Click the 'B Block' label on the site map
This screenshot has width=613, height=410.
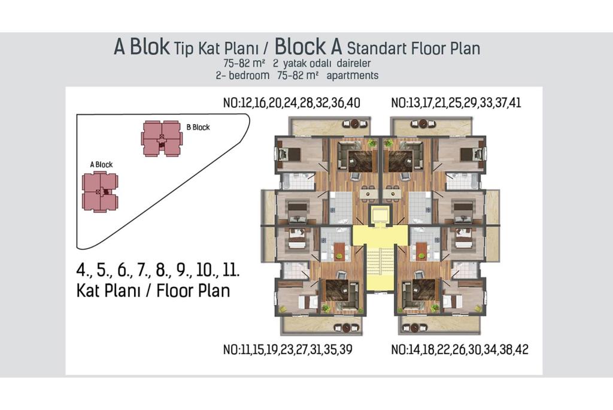coord(198,127)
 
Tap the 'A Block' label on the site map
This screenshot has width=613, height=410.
coord(101,164)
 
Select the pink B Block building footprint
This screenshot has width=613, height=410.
coord(162,138)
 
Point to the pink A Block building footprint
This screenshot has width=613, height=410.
coord(100,192)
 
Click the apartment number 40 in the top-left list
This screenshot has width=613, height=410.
coord(353,103)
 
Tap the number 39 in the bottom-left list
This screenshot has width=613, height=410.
coord(345,349)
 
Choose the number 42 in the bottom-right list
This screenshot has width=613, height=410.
coord(521,349)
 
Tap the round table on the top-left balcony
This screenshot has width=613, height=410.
coord(355,123)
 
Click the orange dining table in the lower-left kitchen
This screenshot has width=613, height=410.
coord(339,251)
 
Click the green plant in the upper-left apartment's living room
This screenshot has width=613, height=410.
coord(371,143)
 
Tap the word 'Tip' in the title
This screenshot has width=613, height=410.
coord(184,49)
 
